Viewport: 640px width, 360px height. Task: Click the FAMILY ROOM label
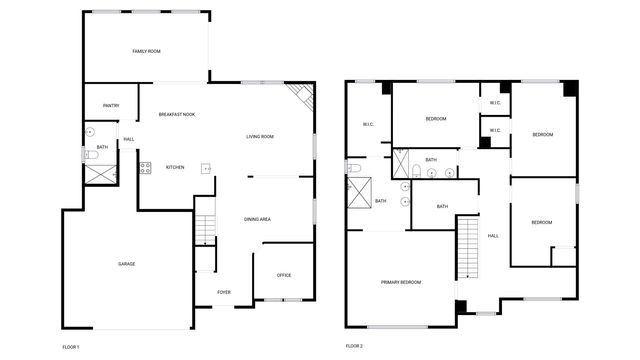point(147,51)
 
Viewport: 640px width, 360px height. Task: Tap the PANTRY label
point(111,106)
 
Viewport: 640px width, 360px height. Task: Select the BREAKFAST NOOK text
point(177,115)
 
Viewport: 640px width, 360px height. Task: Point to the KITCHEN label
point(175,167)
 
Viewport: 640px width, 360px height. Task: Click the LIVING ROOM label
point(260,136)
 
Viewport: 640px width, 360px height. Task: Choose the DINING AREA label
point(258,219)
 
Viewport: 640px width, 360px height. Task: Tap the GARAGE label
point(127,263)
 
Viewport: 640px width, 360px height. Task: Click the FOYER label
point(224,292)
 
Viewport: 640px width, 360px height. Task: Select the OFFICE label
point(284,275)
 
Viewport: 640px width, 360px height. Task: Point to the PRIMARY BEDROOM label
point(401,283)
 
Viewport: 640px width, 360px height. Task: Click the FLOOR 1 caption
point(70,346)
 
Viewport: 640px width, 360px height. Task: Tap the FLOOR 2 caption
point(354,346)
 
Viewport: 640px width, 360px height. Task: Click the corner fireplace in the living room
point(301,97)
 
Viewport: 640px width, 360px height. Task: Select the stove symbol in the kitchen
point(146,167)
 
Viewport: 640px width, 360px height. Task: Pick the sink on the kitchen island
point(207,168)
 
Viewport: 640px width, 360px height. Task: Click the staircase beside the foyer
point(205,229)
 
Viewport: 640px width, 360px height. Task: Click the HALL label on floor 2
point(492,236)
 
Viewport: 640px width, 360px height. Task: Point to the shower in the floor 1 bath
point(99,172)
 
